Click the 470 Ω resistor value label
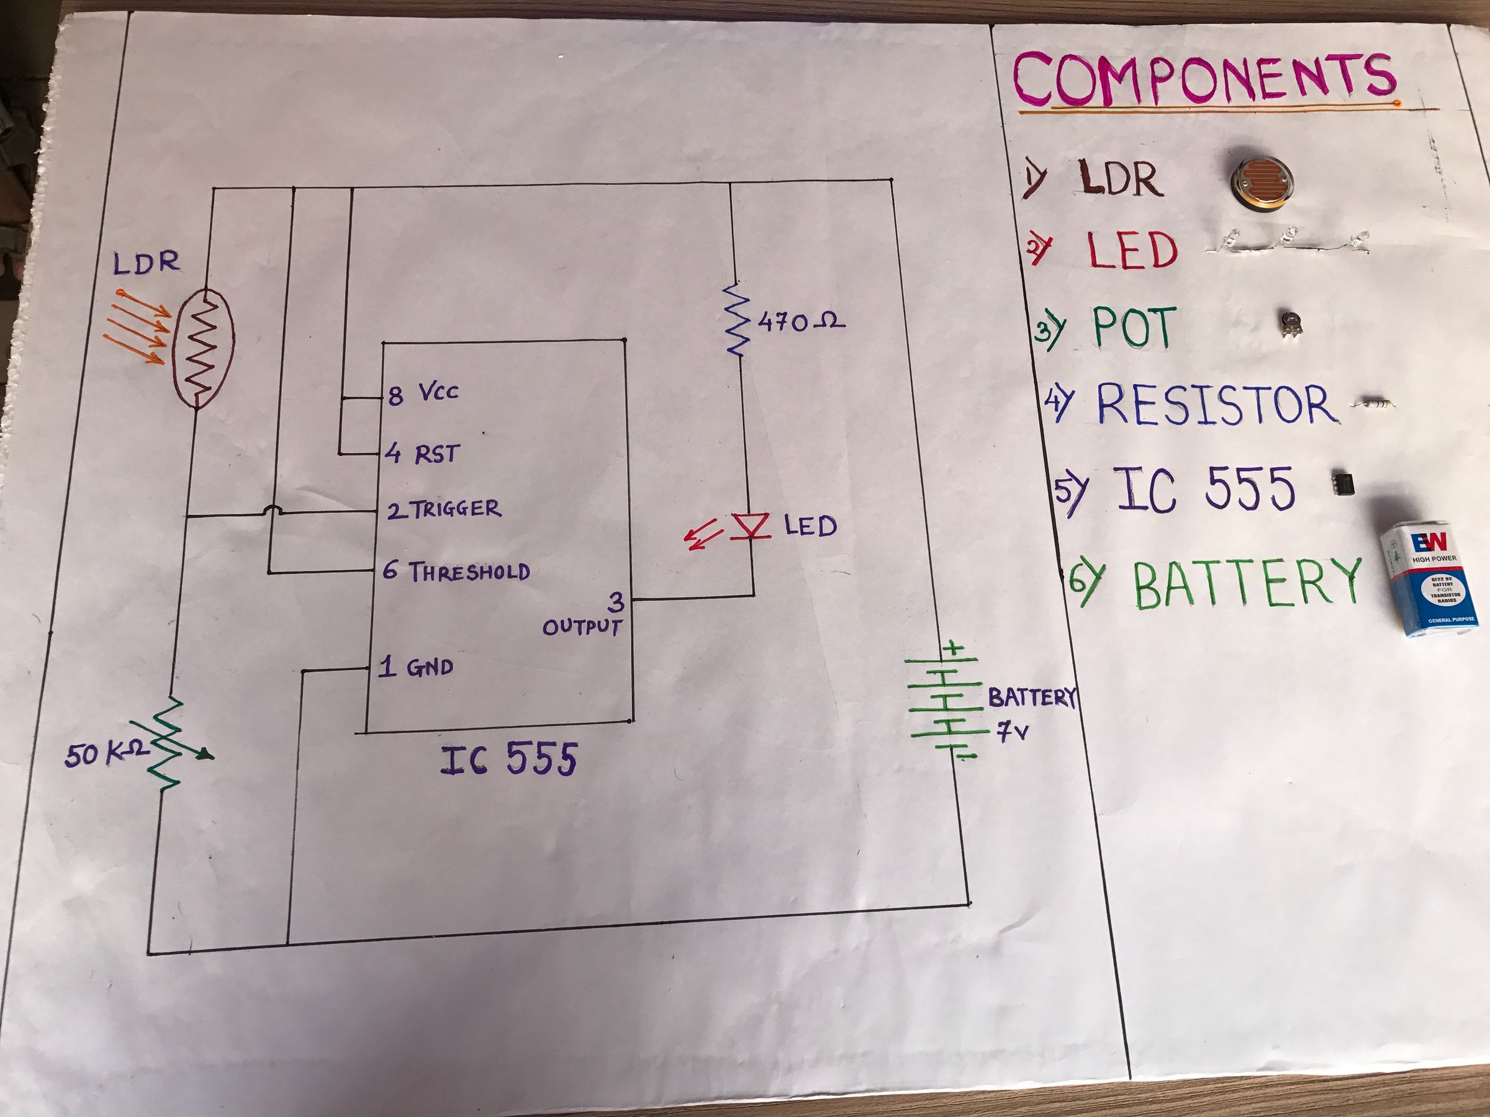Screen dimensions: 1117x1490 point(801,323)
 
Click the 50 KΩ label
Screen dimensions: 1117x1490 point(106,755)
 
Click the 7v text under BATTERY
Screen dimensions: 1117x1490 point(1013,732)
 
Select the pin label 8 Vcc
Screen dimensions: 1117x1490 point(423,393)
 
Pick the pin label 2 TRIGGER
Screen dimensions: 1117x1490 point(445,509)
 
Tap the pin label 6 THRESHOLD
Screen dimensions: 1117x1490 point(456,572)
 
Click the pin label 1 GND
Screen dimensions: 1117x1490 point(415,667)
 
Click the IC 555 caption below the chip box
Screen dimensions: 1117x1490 point(509,760)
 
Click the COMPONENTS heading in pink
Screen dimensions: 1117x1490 point(1204,79)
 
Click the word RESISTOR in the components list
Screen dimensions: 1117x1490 point(1216,404)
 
